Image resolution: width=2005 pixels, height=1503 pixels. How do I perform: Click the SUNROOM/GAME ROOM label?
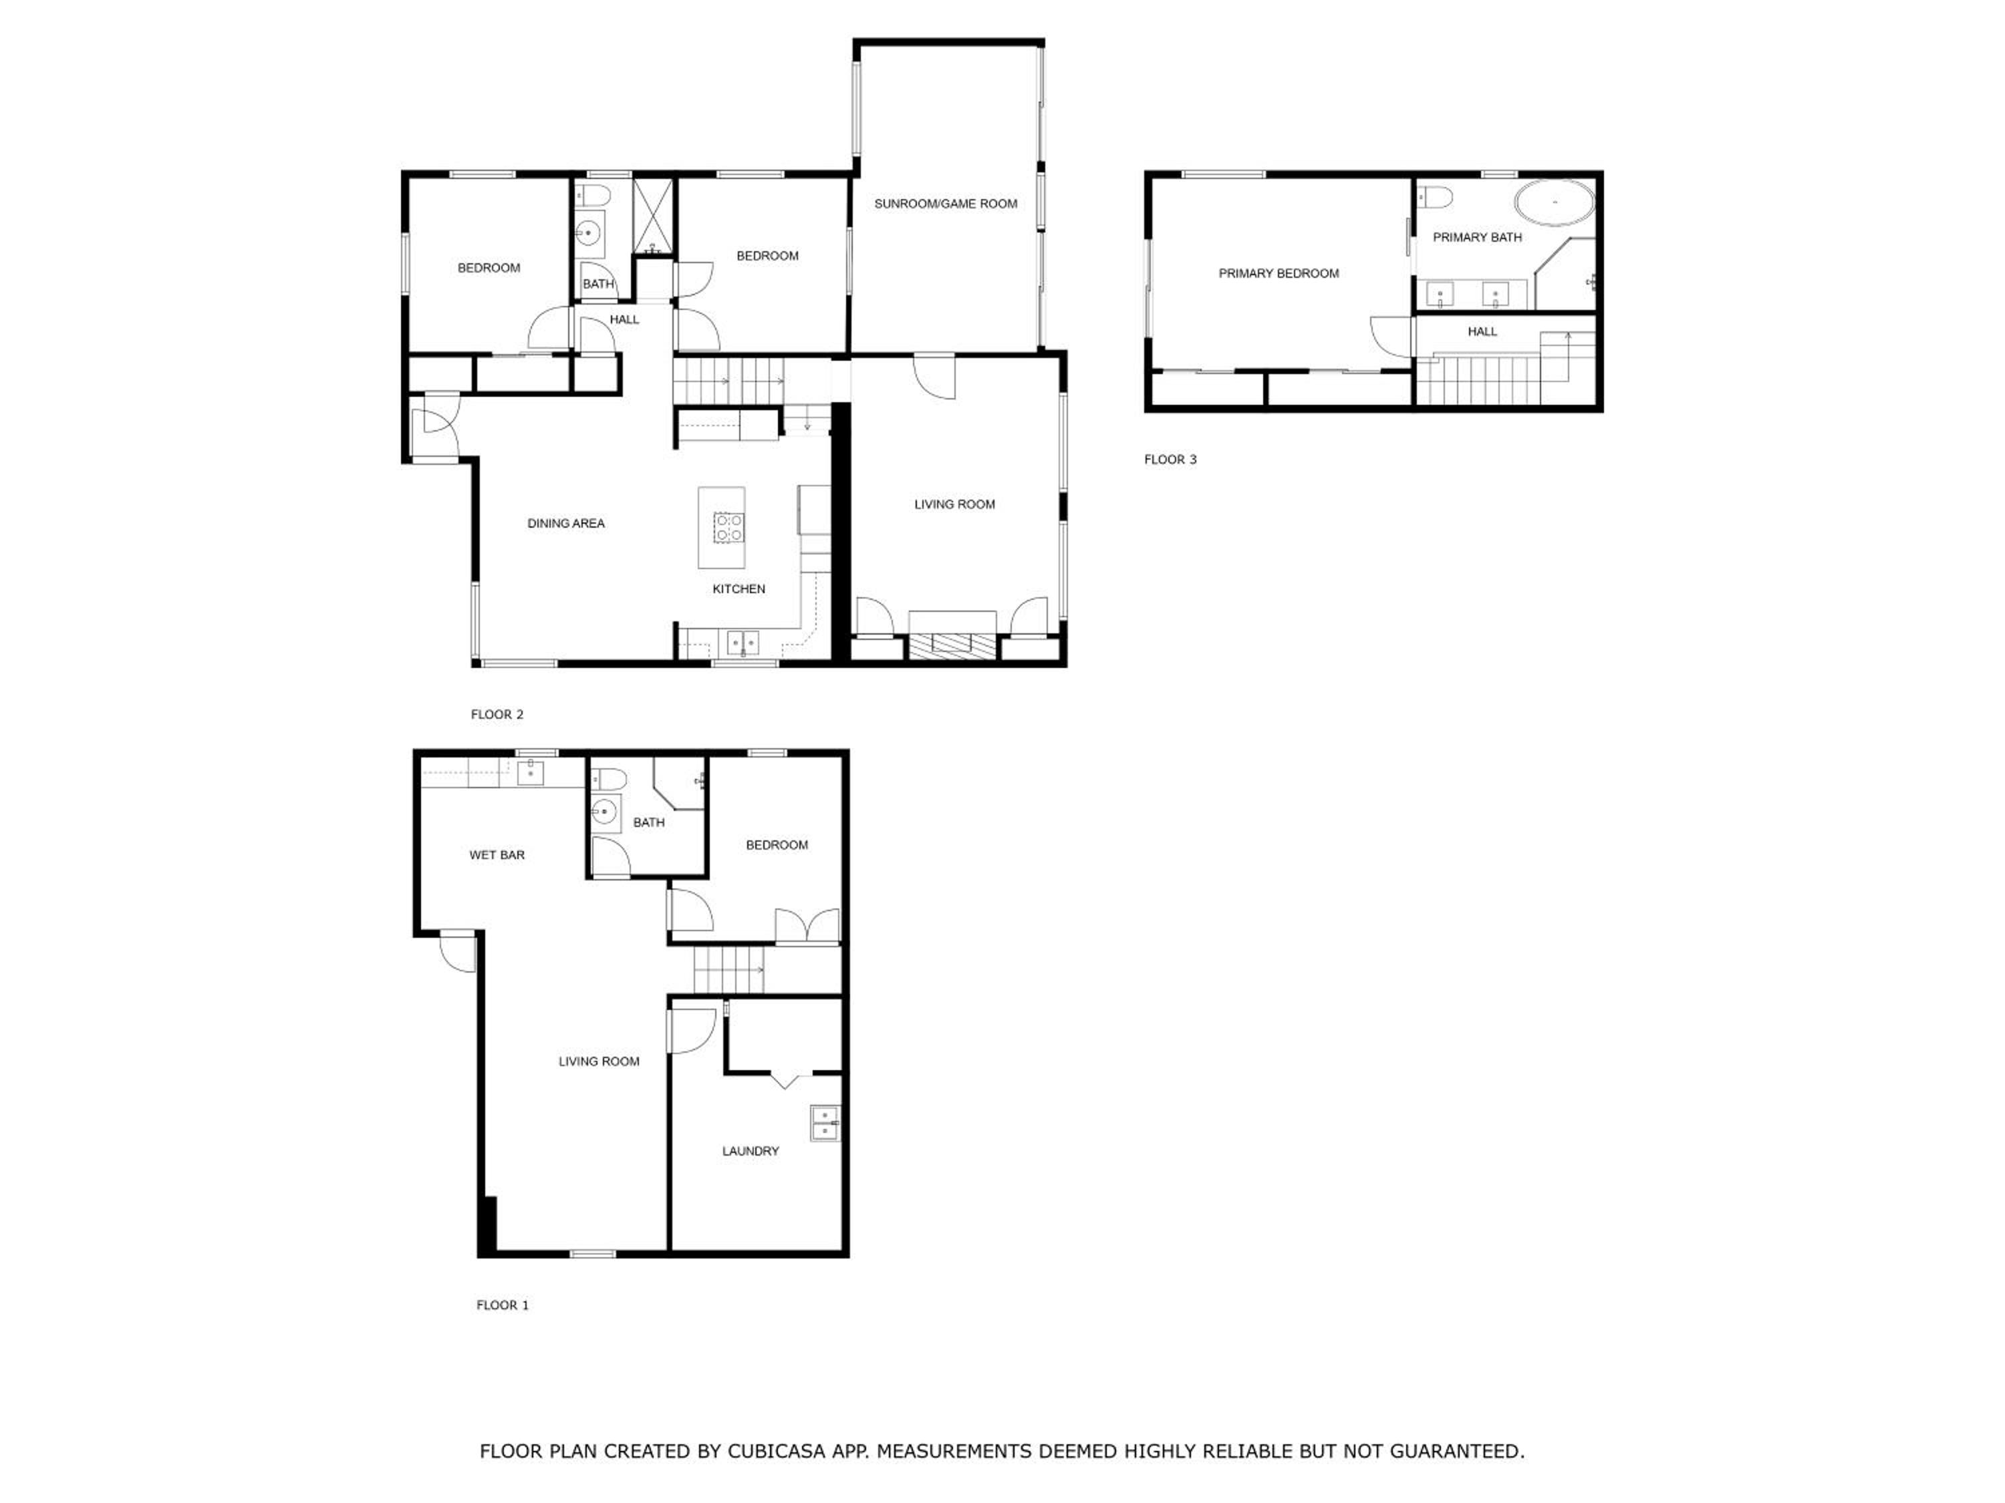pos(946,204)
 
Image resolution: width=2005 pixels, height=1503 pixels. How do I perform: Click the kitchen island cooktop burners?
pos(728,527)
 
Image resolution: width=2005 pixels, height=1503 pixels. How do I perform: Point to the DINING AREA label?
pos(565,524)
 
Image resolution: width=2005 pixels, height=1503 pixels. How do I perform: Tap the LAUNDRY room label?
pos(751,1152)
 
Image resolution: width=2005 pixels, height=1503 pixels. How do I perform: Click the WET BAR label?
pos(497,855)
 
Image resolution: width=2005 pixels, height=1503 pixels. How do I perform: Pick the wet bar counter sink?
pos(530,773)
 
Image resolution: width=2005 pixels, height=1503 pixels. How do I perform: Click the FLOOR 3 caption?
pos(1170,460)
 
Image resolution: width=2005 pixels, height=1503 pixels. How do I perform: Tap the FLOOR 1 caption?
pos(502,1305)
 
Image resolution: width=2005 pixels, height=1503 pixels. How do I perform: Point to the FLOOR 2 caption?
pos(497,715)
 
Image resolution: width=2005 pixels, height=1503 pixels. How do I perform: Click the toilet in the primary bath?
pos(1435,196)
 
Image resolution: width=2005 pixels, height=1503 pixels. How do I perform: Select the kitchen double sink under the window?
pos(743,643)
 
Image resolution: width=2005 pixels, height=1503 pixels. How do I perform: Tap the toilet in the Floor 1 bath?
pos(608,778)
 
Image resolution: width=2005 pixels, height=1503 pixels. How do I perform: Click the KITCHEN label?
pos(739,589)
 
